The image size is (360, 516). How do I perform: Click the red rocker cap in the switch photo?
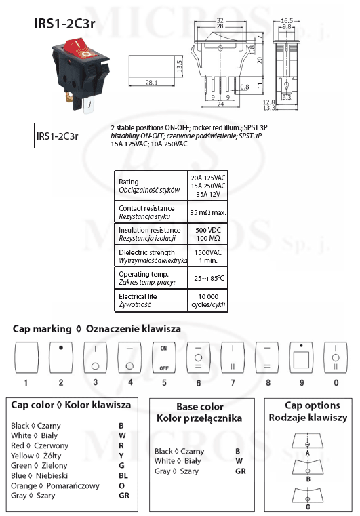81,49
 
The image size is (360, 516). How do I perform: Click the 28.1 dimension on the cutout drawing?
151,83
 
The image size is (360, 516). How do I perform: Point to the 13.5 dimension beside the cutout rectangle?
180,66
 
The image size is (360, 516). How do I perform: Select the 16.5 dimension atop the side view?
287,21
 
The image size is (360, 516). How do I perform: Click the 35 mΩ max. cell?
208,213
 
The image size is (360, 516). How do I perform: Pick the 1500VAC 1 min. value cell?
208,256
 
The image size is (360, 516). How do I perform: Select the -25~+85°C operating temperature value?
207,279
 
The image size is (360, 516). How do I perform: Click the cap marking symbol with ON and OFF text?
164,357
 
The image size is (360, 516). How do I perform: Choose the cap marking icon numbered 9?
301,357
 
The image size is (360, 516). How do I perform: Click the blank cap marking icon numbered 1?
26,357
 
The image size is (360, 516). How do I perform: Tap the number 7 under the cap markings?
233,382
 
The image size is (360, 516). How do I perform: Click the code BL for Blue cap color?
123,475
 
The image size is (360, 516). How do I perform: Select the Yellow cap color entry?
36,456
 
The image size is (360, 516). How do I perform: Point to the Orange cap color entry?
55,485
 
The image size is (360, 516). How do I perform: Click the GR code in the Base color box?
240,471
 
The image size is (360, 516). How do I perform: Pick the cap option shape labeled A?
307,441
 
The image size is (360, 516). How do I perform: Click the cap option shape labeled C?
307,495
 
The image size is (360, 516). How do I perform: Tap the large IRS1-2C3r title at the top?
65,24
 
